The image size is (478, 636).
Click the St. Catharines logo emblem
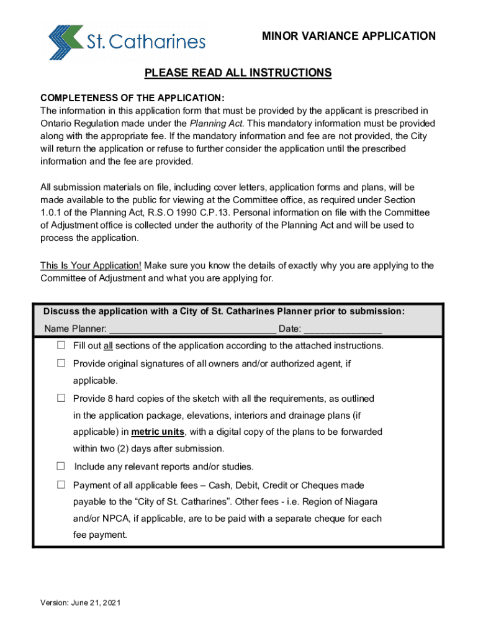[x=65, y=42]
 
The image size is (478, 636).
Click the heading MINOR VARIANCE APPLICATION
[x=349, y=36]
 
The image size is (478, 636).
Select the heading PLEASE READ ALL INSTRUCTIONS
[x=238, y=73]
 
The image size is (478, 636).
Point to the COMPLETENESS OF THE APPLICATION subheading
[x=132, y=98]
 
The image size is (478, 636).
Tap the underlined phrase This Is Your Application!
[x=91, y=266]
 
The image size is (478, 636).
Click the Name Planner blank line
[x=192, y=329]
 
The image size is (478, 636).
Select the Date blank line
[x=343, y=329]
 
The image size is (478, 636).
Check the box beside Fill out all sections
[x=61, y=345]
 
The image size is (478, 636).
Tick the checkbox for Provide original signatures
[x=61, y=363]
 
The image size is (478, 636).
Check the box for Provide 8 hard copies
[x=61, y=397]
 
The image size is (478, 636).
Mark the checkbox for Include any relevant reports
[x=61, y=466]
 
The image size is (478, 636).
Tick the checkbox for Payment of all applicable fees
[x=61, y=484]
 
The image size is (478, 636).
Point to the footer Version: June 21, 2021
[x=81, y=602]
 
